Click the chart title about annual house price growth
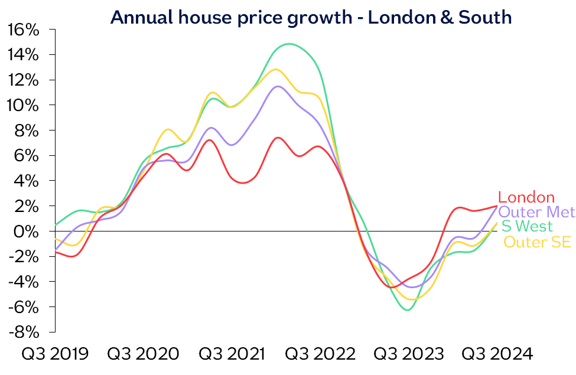click(311, 17)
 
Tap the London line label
click(526, 198)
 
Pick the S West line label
click(527, 226)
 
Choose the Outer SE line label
click(537, 242)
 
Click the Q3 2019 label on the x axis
click(55, 354)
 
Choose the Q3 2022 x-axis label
click(320, 354)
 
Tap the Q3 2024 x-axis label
click(497, 354)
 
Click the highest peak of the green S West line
click(288, 44)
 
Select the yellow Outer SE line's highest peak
click(276, 69)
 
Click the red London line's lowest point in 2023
click(390, 287)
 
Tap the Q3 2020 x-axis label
click(144, 354)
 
